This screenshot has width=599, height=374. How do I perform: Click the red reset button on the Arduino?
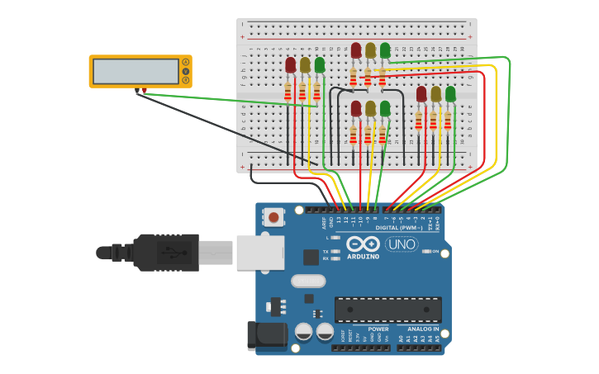[273, 218]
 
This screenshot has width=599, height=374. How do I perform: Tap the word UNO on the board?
[402, 244]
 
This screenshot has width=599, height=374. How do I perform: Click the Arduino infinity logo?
[364, 244]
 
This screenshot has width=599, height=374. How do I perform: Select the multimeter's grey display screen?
[135, 71]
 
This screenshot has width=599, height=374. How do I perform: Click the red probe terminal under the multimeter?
[145, 90]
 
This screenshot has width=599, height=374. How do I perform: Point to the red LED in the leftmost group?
[291, 65]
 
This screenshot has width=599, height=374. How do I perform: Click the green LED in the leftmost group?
[320, 64]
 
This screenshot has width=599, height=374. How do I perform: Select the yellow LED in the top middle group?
[370, 51]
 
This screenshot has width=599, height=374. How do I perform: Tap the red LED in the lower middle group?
[356, 108]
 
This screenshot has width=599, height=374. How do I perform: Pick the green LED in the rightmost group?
[450, 94]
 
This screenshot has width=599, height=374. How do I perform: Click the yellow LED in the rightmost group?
[435, 94]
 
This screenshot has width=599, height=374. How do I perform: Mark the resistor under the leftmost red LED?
[288, 92]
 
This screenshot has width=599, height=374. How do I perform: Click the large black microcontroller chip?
[387, 310]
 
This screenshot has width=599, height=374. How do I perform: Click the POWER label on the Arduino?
[378, 329]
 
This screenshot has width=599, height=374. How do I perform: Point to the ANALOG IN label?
[423, 329]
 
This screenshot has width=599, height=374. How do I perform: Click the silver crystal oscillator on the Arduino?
[307, 281]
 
